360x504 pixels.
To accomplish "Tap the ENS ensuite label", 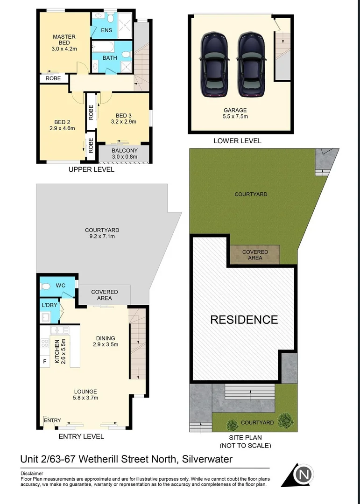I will [x=106, y=30].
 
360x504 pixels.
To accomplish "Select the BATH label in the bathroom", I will [x=110, y=58].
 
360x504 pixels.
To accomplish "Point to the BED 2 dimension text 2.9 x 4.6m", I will [x=62, y=128].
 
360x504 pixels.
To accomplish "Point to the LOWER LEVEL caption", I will [x=237, y=140].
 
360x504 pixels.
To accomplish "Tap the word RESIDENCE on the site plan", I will [x=244, y=320].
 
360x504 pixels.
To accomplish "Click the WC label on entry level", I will [x=61, y=285].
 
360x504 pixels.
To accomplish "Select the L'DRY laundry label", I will [x=49, y=305].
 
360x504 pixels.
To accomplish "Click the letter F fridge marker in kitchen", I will [x=45, y=361].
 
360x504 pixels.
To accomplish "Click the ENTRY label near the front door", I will [x=52, y=420].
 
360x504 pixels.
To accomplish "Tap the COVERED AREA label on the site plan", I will [x=255, y=255].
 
